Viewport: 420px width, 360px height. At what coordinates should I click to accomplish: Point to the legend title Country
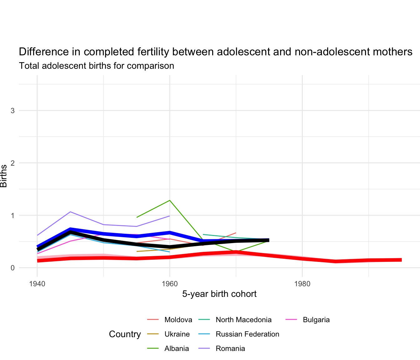[x=125, y=334]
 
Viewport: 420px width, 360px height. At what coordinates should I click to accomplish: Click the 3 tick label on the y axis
[x=12, y=111]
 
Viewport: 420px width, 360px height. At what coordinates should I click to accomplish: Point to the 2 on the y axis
[x=12, y=163]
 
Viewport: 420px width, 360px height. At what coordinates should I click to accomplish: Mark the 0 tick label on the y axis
[x=12, y=268]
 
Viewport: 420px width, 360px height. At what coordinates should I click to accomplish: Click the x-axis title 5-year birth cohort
[x=219, y=294]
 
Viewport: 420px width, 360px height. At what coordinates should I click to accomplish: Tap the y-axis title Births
[x=4, y=176]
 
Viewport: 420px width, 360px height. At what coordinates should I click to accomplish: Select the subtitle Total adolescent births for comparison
[x=97, y=66]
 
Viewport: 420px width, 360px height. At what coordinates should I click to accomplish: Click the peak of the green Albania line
[x=170, y=200]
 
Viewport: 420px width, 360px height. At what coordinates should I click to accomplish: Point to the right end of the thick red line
[x=401, y=260]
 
